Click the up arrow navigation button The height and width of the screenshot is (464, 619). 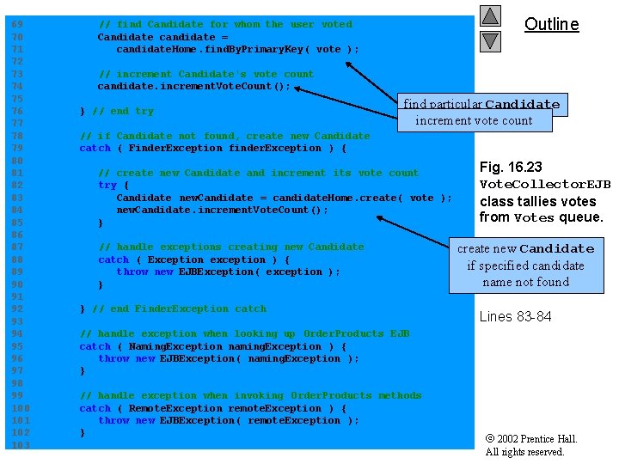tap(490, 15)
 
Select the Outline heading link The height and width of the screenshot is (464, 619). tap(551, 24)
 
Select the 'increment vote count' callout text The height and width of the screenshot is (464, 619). tap(474, 120)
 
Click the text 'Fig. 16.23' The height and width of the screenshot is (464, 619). tap(511, 167)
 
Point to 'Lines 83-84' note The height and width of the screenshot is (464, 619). tap(515, 316)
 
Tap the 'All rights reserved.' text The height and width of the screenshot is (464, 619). tap(524, 452)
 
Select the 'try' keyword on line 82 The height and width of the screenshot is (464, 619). tap(107, 185)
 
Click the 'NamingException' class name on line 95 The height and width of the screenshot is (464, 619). tap(162, 346)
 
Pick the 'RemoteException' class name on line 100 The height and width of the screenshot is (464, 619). tap(162, 408)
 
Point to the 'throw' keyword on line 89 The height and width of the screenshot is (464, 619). tap(132, 272)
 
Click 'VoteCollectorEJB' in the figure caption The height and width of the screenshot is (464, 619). tap(545, 184)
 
